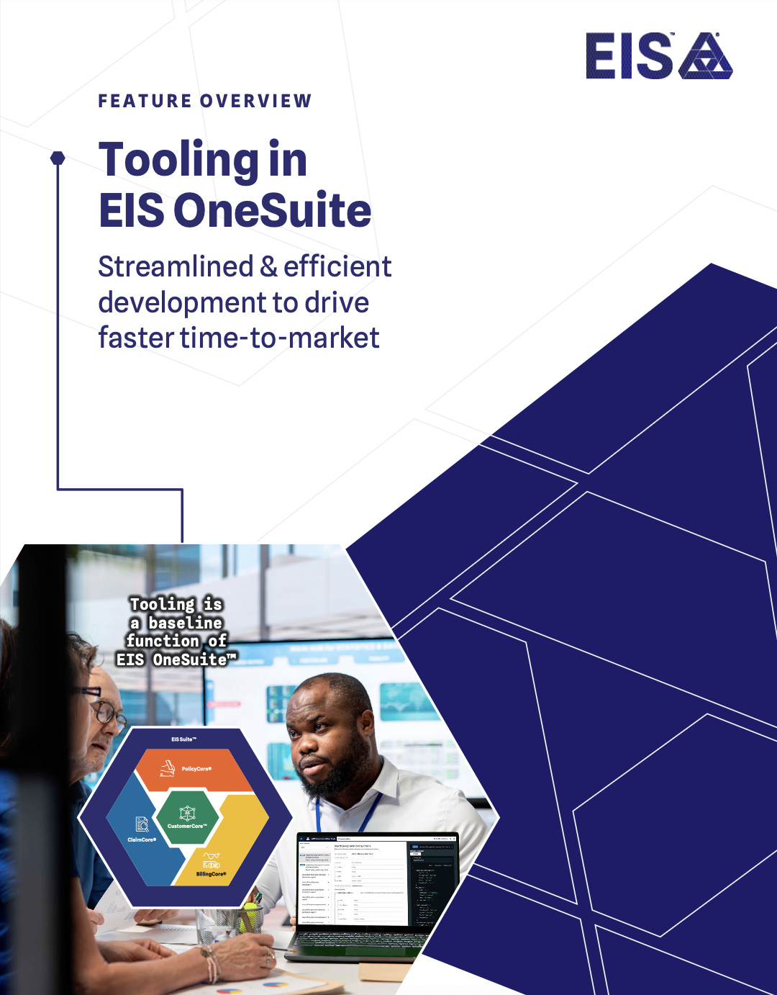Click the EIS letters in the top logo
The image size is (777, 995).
628,56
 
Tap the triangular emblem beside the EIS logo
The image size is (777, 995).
705,56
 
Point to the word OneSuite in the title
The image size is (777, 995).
272,211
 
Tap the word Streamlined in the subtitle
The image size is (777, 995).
176,267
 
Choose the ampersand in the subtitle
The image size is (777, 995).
268,267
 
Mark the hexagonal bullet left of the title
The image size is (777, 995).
58,158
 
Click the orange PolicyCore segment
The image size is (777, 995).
194,770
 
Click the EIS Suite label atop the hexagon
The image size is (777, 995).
183,739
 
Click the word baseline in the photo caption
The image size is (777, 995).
186,623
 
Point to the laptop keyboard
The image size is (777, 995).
360,939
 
